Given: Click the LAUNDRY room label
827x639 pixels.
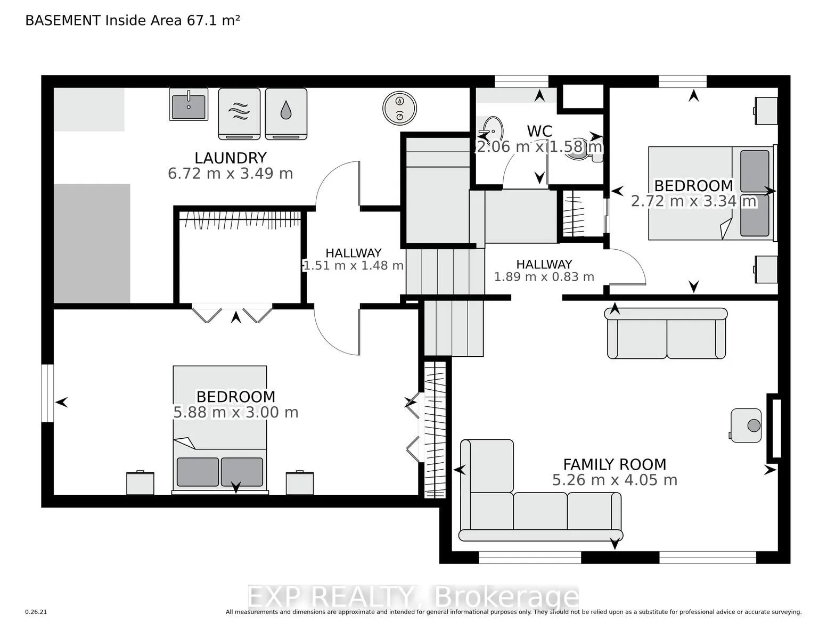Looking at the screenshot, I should pos(230,158).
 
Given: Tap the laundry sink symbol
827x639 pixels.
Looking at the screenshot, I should pos(189,105).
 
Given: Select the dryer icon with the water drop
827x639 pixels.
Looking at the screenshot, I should pos(286,113).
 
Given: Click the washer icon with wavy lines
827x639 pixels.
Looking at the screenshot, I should pos(239,113).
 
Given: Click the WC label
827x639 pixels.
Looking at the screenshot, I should pos(539,131).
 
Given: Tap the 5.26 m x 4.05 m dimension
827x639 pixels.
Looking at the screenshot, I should pos(615,480).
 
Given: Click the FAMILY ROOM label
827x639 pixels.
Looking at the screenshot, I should pos(615,464).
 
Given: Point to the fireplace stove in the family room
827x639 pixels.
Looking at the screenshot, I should pos(747,425).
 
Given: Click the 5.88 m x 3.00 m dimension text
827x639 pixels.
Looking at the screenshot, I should pos(235,413).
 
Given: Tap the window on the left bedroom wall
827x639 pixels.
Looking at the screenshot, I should pos(48,393).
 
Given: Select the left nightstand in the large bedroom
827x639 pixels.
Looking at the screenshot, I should pos(140,483).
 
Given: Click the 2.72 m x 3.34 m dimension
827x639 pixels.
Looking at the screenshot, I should pos(693,201).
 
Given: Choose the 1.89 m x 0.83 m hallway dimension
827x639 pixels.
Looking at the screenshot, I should pos(544,277).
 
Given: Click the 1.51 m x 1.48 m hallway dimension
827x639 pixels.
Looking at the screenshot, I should pos(353,265).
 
